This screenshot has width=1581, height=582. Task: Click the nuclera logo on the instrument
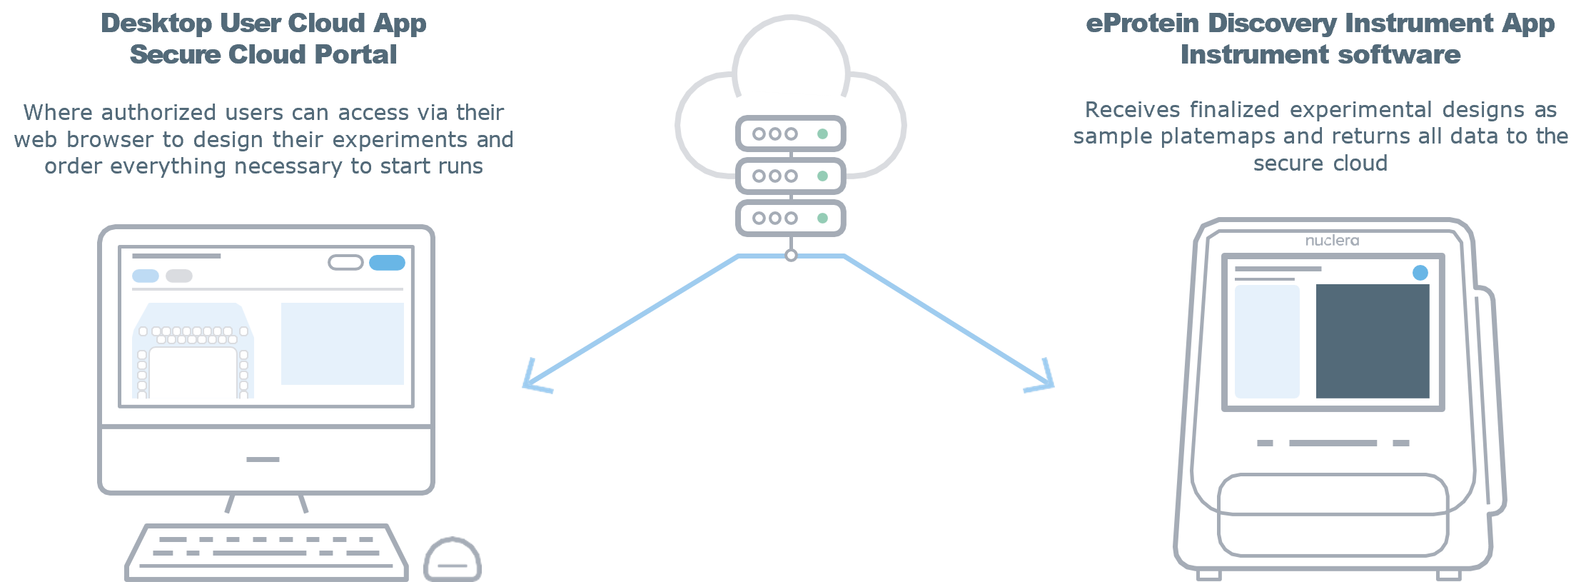[1332, 241]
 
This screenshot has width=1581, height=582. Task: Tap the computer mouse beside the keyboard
[453, 561]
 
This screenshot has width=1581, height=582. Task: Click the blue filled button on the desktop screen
[387, 263]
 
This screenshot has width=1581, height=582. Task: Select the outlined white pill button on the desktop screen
[345, 263]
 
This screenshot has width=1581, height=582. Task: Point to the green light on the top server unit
[822, 134]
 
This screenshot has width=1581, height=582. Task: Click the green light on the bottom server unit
[822, 218]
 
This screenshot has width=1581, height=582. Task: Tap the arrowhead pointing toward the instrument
[1043, 380]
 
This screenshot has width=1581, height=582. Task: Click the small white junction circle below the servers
[790, 256]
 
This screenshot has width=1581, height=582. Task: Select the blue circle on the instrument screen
[1420, 273]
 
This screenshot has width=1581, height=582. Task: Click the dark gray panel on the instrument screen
[1372, 341]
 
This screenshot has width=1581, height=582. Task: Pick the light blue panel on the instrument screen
[1267, 341]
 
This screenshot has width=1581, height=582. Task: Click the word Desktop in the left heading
[156, 24]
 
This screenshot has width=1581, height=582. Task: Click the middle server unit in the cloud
[790, 176]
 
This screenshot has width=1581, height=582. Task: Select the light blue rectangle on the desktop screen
[342, 343]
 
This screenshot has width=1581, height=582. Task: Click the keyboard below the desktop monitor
[266, 552]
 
